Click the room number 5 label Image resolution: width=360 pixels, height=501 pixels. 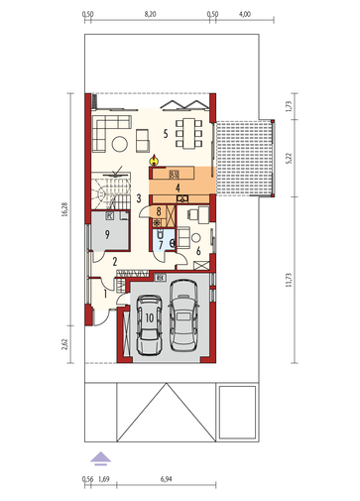coord(166,134)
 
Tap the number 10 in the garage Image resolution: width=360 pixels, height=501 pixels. coord(150,317)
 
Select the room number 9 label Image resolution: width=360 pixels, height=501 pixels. coord(107,234)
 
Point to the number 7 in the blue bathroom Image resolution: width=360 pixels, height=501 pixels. coord(161,245)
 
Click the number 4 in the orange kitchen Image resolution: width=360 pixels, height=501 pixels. coord(178,188)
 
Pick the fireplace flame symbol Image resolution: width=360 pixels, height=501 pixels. coord(154,160)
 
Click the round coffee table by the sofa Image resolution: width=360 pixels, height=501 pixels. coord(120,144)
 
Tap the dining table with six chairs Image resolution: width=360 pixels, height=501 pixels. coord(189,133)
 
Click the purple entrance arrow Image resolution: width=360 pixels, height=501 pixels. coord(101,458)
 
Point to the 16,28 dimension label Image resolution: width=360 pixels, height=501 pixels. coord(64,209)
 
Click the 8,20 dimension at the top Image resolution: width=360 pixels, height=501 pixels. coord(150,14)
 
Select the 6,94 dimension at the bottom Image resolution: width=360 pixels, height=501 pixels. coord(167,478)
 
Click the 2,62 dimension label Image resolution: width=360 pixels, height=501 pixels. coord(64,344)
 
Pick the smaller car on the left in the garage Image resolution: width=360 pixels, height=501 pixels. coord(149,324)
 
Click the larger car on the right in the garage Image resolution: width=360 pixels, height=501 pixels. coord(183,315)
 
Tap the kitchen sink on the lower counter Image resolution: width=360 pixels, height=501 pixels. coord(182,198)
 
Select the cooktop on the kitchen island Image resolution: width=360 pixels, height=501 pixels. coord(174,175)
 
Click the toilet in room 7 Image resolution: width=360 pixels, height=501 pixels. coord(161,234)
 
